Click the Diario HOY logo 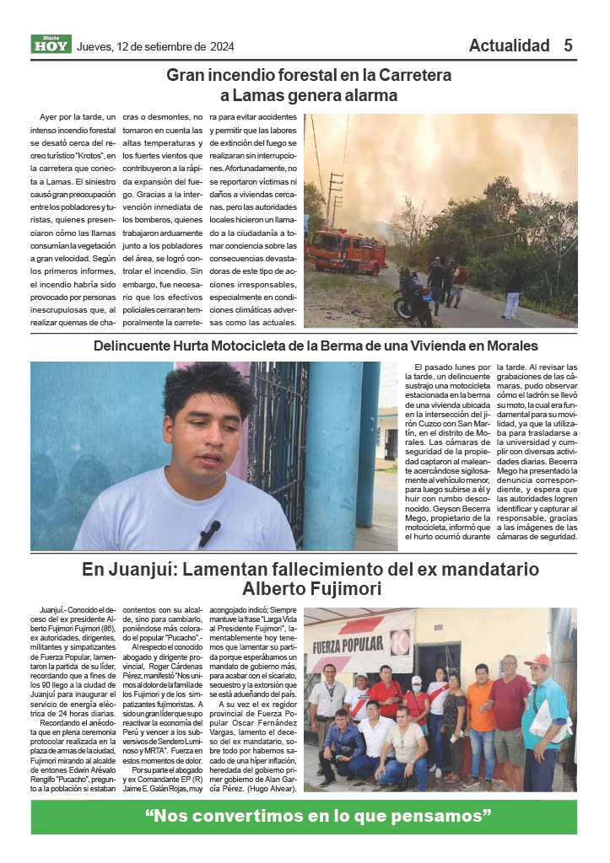coord(51,45)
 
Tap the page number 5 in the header coord(569,46)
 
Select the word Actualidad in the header coord(509,46)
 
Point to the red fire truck coord(346,249)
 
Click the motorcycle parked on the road coord(413,300)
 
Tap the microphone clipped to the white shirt coord(209,532)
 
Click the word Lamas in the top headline coord(262,96)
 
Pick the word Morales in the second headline coord(507,346)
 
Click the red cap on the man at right coord(537,660)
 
